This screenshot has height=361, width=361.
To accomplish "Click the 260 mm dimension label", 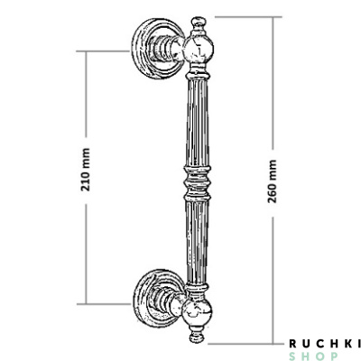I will coord(272,180).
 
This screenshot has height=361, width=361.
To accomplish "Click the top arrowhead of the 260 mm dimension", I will coord(272,20).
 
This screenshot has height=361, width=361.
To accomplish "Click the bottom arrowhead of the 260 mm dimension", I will coord(272,341).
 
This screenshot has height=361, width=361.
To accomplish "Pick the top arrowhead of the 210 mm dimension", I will coord(87,54).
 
